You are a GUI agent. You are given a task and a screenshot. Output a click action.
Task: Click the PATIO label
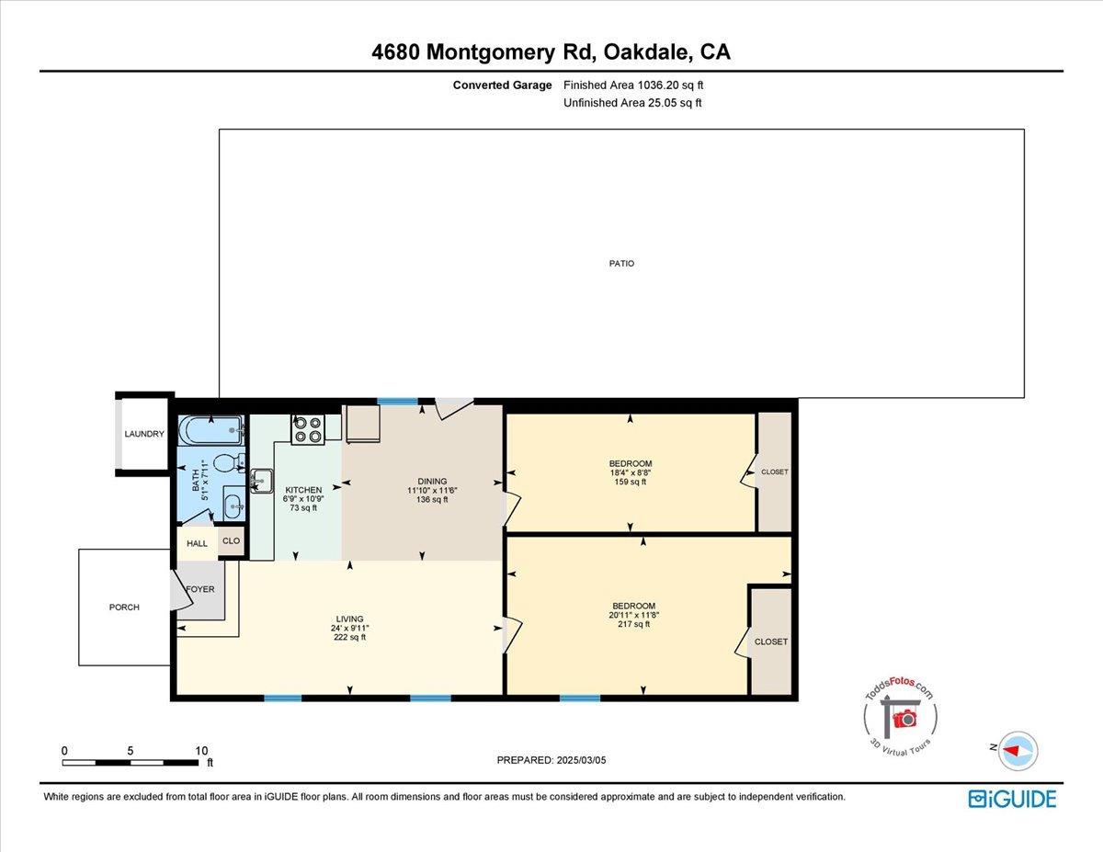tap(621, 264)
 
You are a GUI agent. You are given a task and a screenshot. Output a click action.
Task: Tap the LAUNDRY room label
tap(144, 434)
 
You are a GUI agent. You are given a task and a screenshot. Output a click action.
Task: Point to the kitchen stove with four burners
tap(308, 429)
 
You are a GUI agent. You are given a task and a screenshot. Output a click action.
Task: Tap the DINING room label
tap(432, 481)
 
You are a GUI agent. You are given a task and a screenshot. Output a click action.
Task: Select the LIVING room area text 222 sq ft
tap(349, 637)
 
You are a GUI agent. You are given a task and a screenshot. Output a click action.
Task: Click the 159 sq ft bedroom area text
tap(631, 482)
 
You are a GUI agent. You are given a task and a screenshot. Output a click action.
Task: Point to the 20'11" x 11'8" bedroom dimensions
tap(631, 615)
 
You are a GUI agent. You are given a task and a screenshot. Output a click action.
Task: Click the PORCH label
tap(124, 608)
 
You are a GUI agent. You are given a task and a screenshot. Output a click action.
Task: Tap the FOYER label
tap(200, 588)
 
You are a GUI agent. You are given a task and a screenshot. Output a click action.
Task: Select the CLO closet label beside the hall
tap(231, 541)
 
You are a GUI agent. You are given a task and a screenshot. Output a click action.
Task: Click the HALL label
tap(197, 543)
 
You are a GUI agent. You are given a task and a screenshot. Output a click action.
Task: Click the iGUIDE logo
tap(1012, 799)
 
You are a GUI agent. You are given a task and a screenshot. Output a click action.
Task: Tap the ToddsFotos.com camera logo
tap(900, 717)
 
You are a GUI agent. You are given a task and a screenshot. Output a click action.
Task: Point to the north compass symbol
tap(1017, 750)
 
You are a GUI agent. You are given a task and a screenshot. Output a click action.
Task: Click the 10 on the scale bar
tap(201, 750)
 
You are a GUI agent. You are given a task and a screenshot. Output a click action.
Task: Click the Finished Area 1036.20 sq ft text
tap(633, 85)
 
